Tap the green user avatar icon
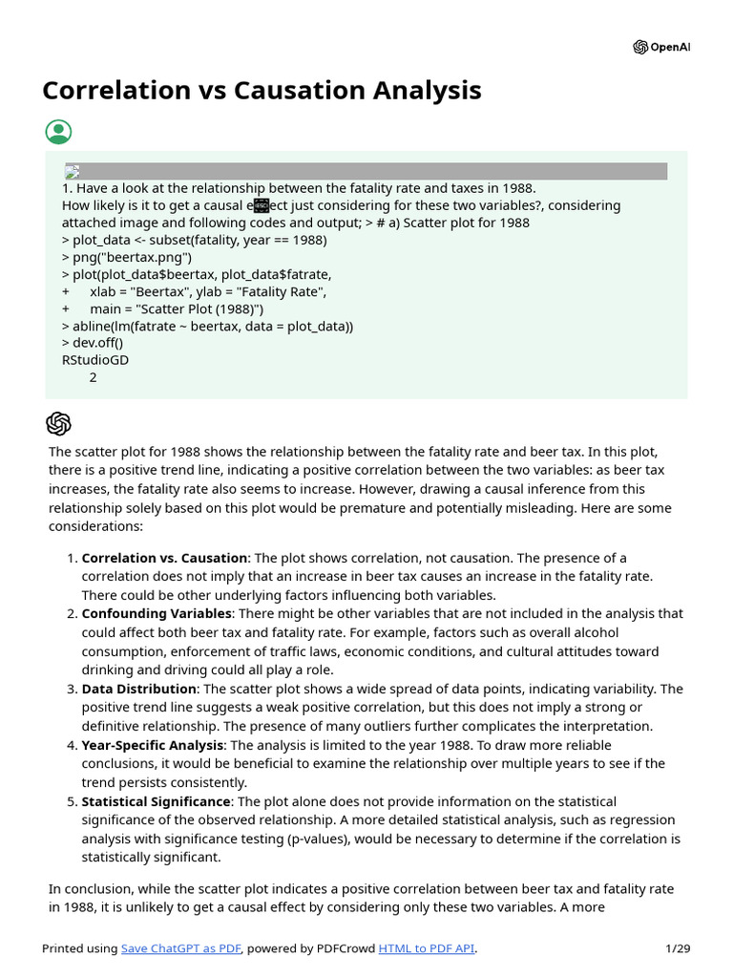tap(58, 133)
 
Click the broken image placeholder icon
tap(72, 172)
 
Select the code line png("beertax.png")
tap(126, 257)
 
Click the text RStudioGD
tap(94, 360)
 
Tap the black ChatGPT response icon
tap(58, 424)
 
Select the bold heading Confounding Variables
tap(157, 614)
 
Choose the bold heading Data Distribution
tap(139, 689)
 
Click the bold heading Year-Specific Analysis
tap(153, 745)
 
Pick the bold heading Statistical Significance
tap(156, 801)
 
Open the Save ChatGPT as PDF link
tap(181, 948)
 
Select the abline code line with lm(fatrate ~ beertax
tap(207, 326)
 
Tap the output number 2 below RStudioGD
tap(93, 377)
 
